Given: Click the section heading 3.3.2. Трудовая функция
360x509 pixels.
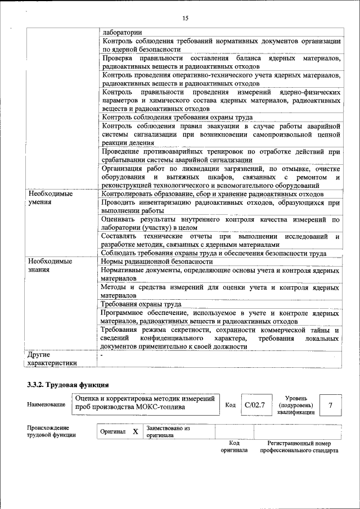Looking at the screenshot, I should [x=68, y=385].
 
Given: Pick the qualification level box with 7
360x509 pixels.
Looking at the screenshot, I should [x=331, y=405].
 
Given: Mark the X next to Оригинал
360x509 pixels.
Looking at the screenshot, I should [x=135, y=431].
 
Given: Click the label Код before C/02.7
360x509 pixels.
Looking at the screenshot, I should [x=231, y=405].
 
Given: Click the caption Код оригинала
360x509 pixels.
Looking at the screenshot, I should [x=234, y=447].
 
